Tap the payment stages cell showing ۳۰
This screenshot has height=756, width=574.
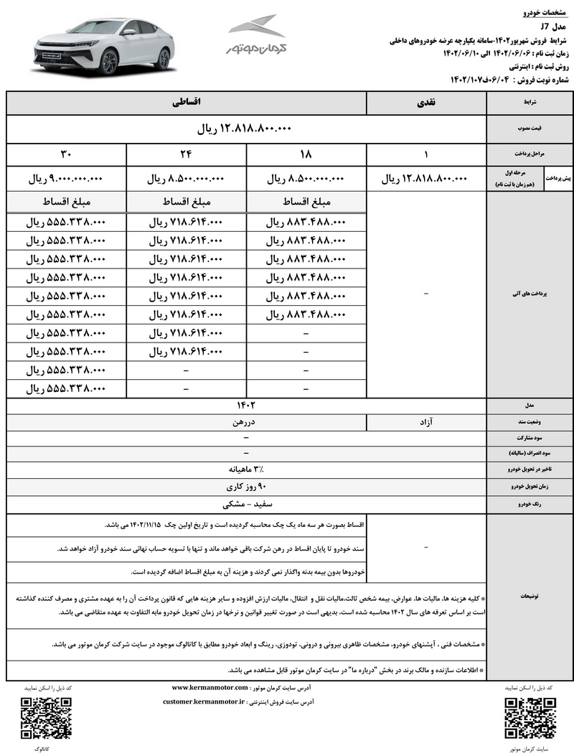65,154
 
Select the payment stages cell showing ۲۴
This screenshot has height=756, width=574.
186,154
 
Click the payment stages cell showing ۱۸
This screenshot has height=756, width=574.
306,154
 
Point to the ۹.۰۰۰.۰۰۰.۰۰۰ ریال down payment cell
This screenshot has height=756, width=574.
65,179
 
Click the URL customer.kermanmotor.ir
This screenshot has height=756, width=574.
204,701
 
